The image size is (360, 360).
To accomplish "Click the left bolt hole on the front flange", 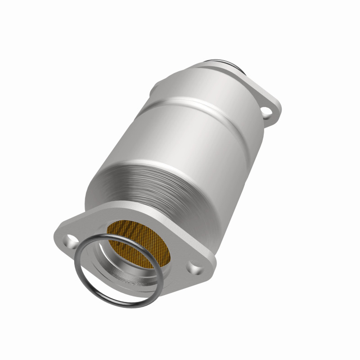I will [x=71, y=238].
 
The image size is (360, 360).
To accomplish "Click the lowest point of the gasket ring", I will [x=130, y=310].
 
